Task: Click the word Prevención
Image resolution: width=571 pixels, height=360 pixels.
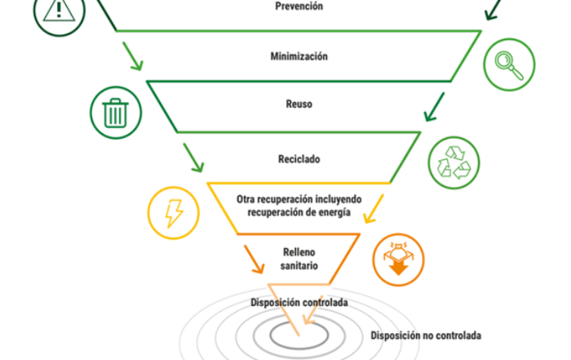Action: (x=299, y=7)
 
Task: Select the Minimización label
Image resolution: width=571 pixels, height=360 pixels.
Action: (x=299, y=56)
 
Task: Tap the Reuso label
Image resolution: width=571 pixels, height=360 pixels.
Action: (x=299, y=104)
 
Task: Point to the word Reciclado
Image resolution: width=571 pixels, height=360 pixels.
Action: (x=299, y=159)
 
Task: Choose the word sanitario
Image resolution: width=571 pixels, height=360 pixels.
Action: (x=299, y=265)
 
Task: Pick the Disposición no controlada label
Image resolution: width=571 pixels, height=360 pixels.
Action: (x=426, y=336)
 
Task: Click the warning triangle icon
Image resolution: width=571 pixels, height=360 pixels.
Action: (x=60, y=10)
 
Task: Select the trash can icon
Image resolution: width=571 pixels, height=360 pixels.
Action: (x=116, y=113)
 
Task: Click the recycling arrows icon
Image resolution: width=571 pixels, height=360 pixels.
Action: (x=454, y=162)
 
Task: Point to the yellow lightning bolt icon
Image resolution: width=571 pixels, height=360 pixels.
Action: (x=174, y=213)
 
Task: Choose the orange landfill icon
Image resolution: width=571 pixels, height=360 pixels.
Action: (x=398, y=259)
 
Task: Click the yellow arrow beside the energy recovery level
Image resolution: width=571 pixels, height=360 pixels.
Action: (x=374, y=208)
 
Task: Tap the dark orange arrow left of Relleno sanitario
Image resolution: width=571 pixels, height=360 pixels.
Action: (x=255, y=260)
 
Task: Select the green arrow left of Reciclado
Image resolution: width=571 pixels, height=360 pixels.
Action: (x=193, y=158)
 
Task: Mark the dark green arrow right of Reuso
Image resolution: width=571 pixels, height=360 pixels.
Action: (x=435, y=107)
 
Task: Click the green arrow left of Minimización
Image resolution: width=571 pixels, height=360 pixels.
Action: (x=132, y=56)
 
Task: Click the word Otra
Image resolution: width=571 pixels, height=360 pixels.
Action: (x=246, y=199)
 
